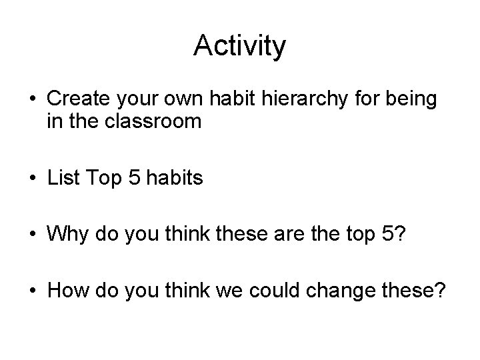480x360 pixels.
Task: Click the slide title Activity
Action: coord(239,46)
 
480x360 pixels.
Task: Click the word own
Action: coord(191,101)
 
